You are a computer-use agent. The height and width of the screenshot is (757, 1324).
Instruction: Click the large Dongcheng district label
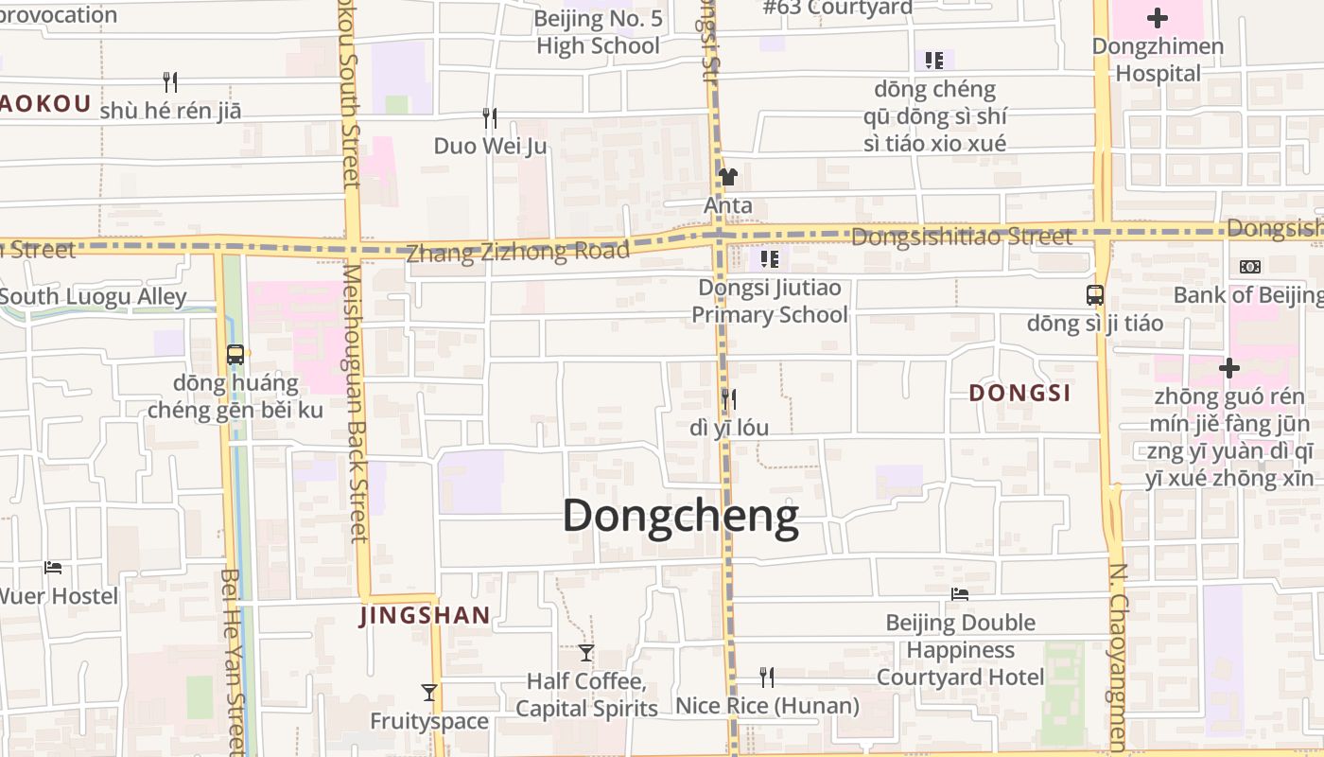point(681,517)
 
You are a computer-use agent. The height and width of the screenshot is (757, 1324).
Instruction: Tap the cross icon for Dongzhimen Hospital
point(1157,18)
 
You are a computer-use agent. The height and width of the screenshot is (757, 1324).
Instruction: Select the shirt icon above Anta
point(727,176)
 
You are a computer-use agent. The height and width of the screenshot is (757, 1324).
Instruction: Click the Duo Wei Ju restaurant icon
point(490,118)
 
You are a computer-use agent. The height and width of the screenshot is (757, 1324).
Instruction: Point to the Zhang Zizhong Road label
point(517,252)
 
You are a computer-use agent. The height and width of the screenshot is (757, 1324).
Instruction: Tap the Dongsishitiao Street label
point(962,237)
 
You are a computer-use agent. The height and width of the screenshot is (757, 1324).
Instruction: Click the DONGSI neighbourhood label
point(1020,393)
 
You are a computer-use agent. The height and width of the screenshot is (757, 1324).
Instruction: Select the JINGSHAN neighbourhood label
point(425,616)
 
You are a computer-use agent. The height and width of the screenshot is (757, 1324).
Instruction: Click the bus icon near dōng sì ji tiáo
point(1095,295)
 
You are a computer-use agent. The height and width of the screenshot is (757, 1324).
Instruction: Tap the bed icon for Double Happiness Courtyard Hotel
point(960,594)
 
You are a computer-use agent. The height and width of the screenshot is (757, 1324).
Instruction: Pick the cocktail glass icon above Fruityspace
point(429,692)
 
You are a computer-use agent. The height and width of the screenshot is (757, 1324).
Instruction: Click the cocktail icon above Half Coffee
point(586,652)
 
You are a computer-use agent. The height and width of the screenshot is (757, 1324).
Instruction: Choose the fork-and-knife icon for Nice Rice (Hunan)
point(767,677)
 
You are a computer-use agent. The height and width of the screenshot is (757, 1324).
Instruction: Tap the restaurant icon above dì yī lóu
point(728,398)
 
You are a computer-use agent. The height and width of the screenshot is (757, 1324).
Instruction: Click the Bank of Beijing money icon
point(1249,267)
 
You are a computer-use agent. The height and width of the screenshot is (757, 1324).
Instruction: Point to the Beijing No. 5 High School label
point(598,32)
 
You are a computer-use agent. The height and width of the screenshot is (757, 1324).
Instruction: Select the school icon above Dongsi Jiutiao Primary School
point(770,258)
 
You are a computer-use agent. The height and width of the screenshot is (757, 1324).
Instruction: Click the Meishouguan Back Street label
point(355,402)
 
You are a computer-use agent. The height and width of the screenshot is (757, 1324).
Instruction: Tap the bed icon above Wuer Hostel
point(53,568)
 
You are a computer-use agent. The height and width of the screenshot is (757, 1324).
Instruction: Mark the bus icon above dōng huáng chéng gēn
point(235,355)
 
